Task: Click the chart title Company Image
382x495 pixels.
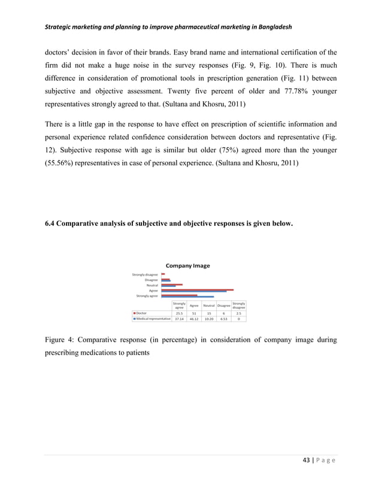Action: [187, 265]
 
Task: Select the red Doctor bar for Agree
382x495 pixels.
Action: [197, 289]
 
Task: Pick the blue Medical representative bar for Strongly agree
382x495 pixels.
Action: [187, 297]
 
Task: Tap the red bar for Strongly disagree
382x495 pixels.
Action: [163, 273]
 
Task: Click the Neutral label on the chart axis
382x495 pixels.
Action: [152, 285]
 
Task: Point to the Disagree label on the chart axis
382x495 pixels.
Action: [151, 279]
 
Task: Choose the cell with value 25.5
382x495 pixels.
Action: [178, 313]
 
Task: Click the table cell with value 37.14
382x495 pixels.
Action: [178, 319]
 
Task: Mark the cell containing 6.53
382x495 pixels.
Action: [223, 319]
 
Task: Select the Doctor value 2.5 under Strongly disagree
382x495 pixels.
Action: [238, 313]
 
